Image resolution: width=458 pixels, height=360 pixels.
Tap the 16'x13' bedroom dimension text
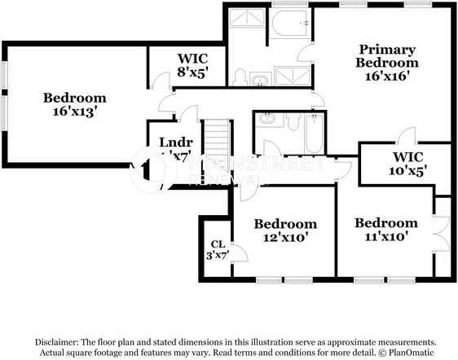pos(76,112)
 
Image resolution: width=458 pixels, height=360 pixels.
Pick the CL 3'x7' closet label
pos(218,249)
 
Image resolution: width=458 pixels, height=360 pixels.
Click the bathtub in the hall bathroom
pos(313,134)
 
